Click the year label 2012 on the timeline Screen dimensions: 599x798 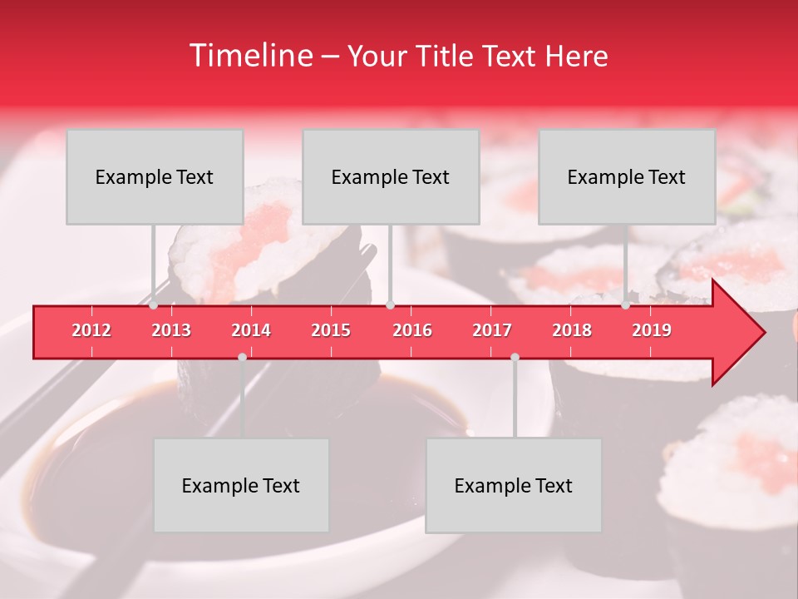[x=91, y=330]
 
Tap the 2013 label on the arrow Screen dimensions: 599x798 [x=171, y=330]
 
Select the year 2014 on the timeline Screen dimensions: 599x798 [x=251, y=330]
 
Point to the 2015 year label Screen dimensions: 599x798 [x=331, y=330]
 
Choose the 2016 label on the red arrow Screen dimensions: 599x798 [x=412, y=330]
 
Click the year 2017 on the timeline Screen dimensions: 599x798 [x=492, y=330]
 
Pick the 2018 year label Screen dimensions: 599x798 [x=572, y=330]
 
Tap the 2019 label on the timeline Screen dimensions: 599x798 [x=652, y=330]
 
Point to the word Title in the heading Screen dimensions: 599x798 [x=446, y=57]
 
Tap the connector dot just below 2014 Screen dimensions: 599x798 [x=242, y=357]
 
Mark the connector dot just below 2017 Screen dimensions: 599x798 [x=515, y=357]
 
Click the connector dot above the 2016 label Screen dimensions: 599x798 [x=390, y=305]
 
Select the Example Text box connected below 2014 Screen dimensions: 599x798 [x=241, y=485]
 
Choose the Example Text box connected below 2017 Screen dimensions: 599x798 [x=514, y=485]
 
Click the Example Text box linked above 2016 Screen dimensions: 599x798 [x=391, y=176]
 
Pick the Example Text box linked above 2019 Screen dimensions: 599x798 [x=627, y=176]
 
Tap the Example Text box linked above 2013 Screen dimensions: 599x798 [x=155, y=176]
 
